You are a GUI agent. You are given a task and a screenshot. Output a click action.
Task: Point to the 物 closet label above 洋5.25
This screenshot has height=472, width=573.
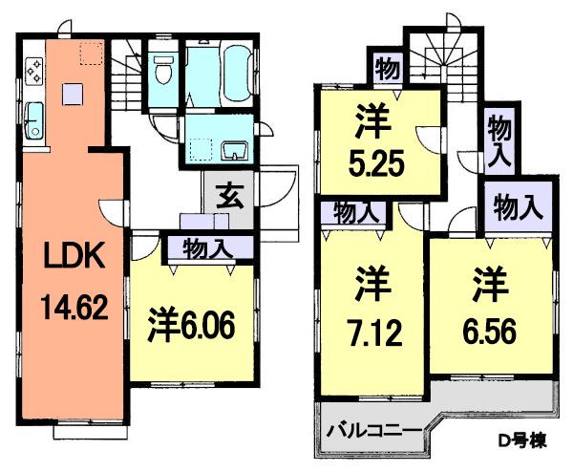tap(386, 69)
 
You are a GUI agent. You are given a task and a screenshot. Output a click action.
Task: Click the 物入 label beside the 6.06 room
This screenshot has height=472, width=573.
tap(208, 249)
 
